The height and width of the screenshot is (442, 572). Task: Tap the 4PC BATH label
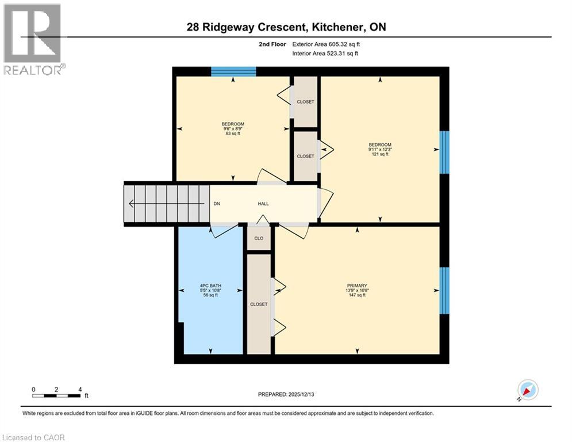coord(210,285)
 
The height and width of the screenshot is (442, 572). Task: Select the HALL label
coord(263,204)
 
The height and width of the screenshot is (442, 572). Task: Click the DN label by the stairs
coord(217,204)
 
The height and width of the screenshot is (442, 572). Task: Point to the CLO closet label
coord(259,238)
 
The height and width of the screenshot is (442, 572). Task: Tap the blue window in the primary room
coord(444,290)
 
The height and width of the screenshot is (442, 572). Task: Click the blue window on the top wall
coord(233,71)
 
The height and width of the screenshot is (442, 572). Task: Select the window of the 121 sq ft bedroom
coord(444,152)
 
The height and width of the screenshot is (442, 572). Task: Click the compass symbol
coord(527,390)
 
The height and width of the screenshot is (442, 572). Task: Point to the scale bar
coord(56,395)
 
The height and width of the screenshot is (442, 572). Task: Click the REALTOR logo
coord(33,39)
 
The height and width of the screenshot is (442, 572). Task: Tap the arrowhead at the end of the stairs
coord(132,203)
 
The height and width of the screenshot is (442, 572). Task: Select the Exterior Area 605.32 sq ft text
coord(327,44)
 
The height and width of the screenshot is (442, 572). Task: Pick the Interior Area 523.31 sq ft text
coord(325,54)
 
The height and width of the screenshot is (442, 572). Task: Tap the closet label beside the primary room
coord(259,304)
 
